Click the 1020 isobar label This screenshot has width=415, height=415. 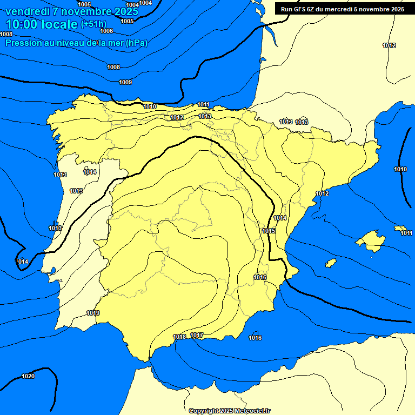[28, 376]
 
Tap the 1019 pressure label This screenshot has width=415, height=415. [93, 313]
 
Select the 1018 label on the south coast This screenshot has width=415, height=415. [179, 337]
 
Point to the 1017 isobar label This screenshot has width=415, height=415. [197, 336]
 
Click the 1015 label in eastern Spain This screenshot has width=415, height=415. [269, 231]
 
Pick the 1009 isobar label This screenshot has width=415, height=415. [125, 82]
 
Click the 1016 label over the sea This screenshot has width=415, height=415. [255, 338]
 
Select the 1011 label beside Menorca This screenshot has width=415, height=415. [406, 233]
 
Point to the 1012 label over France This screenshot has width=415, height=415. [389, 45]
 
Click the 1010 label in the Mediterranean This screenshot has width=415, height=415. [400, 169]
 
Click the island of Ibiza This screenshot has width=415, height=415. [331, 263]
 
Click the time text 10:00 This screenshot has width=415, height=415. [24, 24]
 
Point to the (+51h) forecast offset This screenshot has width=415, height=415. [93, 24]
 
